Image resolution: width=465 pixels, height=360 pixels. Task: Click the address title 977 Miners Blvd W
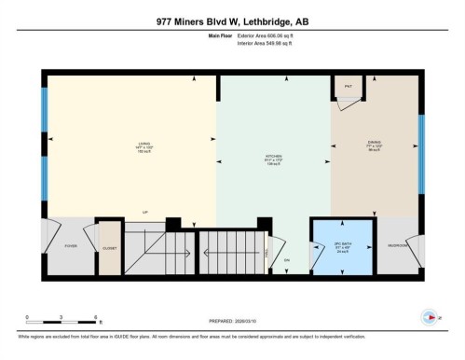point(232,22)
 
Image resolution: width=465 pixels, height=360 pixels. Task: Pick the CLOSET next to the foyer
point(108,246)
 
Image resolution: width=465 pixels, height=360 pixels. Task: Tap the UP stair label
point(144,212)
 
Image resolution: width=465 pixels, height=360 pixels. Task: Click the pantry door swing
point(345,104)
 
